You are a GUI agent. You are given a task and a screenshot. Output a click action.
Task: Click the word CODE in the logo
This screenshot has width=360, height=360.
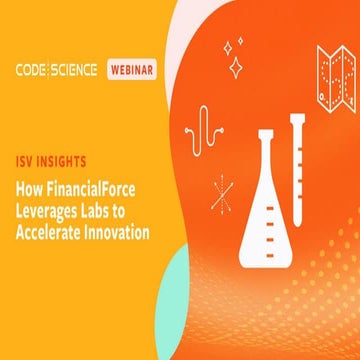pyautogui.click(x=35, y=70)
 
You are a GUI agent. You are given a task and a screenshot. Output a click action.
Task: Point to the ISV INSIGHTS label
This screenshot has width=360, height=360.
pyautogui.click(x=49, y=159)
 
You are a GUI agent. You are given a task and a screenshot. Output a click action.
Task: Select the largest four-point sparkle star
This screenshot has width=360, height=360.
pyautogui.click(x=237, y=67)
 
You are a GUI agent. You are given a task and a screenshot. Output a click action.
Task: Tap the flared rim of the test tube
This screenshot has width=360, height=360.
pyautogui.click(x=298, y=119)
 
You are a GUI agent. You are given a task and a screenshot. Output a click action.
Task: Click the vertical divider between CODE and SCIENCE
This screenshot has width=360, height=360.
pyautogui.click(x=55, y=70)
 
